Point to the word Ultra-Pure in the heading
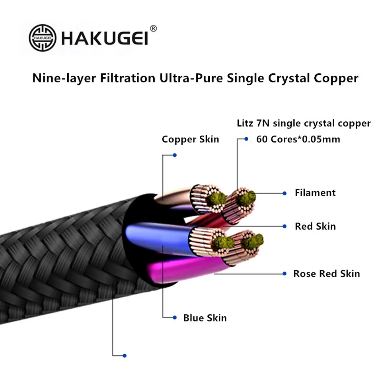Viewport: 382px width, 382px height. point(191,78)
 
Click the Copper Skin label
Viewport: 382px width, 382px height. point(190,139)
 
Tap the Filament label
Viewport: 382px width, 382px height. point(315,193)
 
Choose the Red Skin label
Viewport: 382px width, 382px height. point(315,226)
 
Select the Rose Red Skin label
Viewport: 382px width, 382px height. point(326,274)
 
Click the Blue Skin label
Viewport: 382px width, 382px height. point(205,318)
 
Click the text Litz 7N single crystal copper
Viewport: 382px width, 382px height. point(304,123)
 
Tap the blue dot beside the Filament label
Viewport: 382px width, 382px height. point(285,193)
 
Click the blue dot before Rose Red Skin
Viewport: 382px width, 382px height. point(285,274)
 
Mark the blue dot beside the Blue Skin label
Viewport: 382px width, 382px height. point(175,318)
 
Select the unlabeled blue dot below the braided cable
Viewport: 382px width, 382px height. point(125,355)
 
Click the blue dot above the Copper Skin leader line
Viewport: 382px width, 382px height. point(175,155)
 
